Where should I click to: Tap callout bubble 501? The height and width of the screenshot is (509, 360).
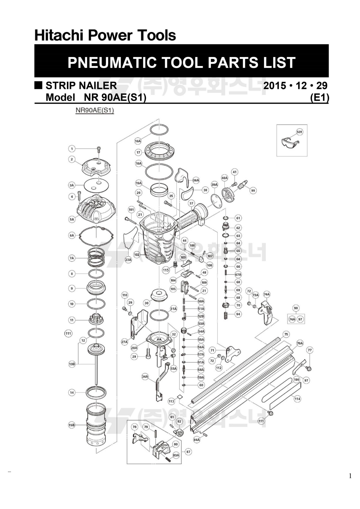coord(299,132)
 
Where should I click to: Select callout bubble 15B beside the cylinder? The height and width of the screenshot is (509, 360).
coord(71,425)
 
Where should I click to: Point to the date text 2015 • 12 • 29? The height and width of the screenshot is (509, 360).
coord(295,86)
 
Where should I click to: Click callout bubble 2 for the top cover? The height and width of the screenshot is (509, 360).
coord(71,159)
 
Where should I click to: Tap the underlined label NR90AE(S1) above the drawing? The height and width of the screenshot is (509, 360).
coord(94,110)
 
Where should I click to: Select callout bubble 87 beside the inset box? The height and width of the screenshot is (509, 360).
coord(188,451)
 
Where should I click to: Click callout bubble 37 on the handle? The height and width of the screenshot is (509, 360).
coord(192,203)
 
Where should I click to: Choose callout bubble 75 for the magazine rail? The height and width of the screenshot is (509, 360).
coord(286,334)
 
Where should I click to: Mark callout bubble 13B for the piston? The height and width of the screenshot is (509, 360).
coord(72,364)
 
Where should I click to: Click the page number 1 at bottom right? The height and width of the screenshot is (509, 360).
coord(350,476)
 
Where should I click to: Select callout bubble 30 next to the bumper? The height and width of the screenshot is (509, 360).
coord(146,303)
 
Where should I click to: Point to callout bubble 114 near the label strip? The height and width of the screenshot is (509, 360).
coord(297,399)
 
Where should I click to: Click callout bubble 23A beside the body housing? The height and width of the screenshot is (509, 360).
coord(128,260)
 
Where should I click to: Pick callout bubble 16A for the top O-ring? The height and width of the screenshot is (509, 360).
coord(138,141)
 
